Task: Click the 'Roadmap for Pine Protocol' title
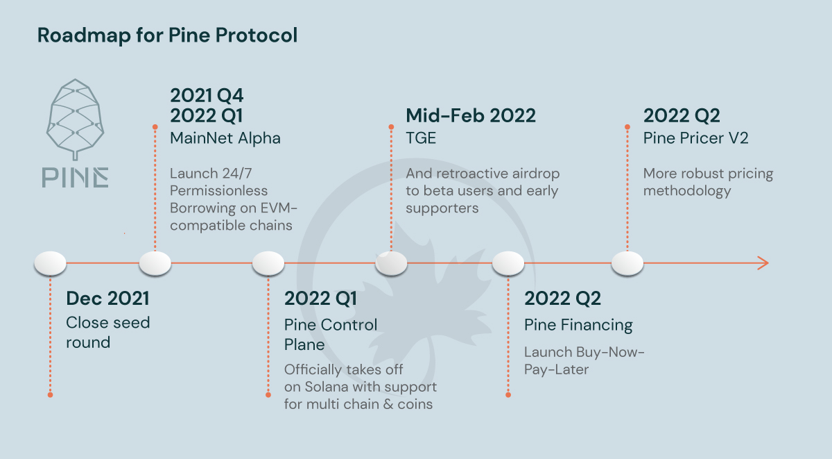(x=167, y=35)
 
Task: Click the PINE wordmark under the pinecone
(x=74, y=177)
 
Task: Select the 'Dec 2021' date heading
(x=107, y=299)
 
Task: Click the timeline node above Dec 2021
(x=50, y=263)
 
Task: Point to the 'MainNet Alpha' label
(x=225, y=138)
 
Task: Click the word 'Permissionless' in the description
(x=218, y=190)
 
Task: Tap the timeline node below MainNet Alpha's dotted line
(x=155, y=263)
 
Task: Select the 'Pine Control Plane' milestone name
(x=331, y=334)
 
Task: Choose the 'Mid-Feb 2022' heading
(x=471, y=115)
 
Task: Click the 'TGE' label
(x=421, y=138)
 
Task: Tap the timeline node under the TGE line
(x=391, y=263)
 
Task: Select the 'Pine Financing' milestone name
(x=578, y=324)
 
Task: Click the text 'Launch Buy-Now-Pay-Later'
(x=584, y=360)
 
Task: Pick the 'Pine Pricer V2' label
(x=695, y=138)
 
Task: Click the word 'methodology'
(x=687, y=191)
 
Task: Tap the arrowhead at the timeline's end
(x=763, y=263)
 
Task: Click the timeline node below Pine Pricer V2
(x=627, y=263)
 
